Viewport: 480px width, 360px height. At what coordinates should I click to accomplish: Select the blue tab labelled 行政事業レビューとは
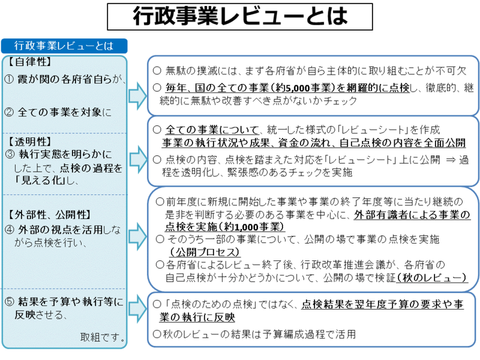click(x=64, y=46)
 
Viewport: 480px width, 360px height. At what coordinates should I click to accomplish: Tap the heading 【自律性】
click(x=30, y=62)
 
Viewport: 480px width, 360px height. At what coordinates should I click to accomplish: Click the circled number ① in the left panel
click(x=10, y=79)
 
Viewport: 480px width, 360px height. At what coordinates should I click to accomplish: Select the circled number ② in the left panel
click(x=10, y=111)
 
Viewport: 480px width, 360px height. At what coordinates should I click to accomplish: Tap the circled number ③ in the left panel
click(x=10, y=155)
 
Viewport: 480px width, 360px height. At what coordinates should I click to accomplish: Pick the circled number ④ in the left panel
click(x=10, y=229)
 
